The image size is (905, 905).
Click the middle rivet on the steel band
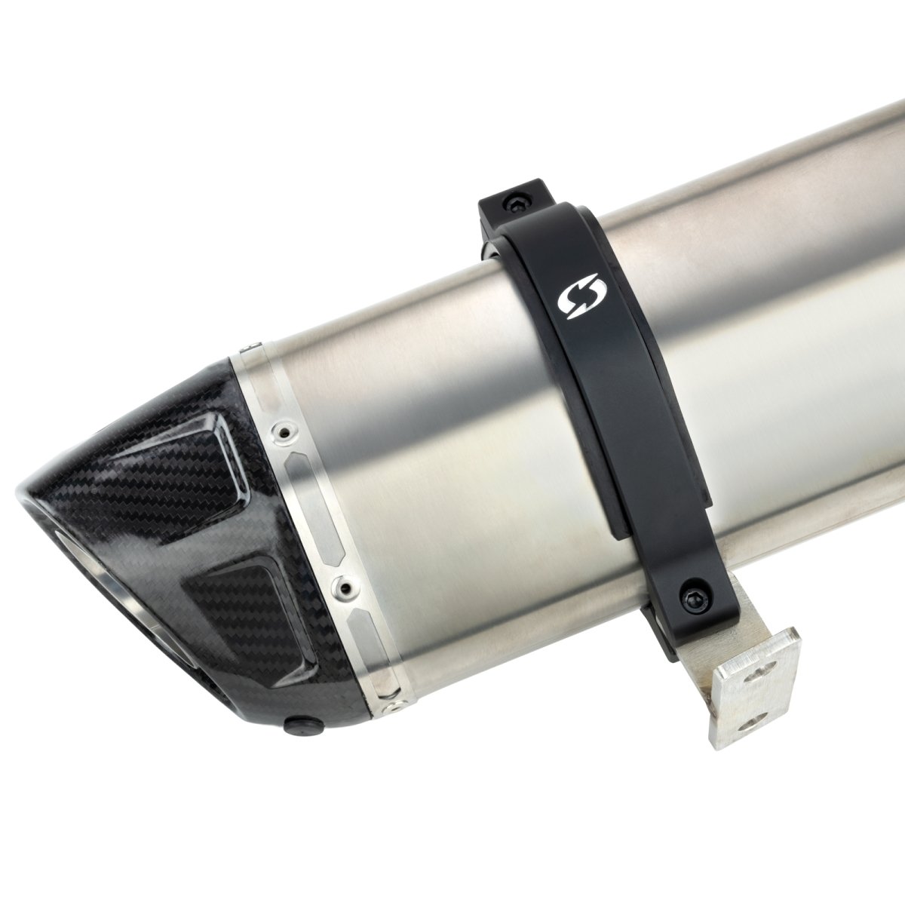click(345, 585)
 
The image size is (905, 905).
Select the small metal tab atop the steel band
click(247, 347)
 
